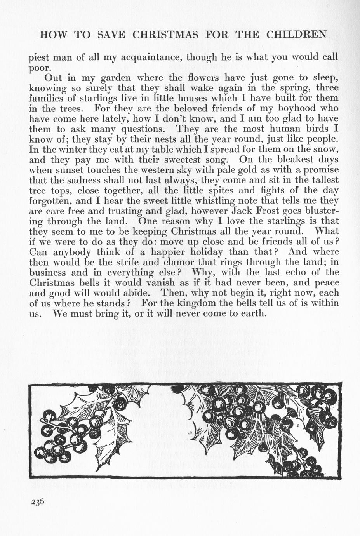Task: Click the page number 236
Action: coord(38,501)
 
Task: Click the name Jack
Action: coord(243,211)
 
